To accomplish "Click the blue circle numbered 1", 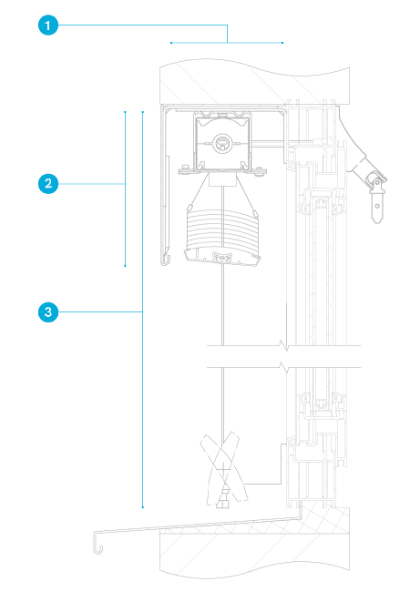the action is (48, 26).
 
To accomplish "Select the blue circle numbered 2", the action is (48, 184).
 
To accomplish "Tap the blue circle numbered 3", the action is (48, 311).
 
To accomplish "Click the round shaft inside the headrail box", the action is (222, 143).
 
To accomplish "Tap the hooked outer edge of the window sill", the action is (97, 543).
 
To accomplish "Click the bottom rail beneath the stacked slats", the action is (222, 258).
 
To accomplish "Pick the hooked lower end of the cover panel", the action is (166, 260).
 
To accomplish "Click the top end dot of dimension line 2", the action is (125, 112).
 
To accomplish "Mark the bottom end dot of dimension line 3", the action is (143, 507).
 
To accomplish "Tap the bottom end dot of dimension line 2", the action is (125, 266).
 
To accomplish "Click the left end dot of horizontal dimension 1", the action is (171, 43).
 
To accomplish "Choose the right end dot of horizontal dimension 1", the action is (282, 43).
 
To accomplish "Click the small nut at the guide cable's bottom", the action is (222, 504).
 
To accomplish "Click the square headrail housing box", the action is (222, 141).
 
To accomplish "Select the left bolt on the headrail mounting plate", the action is (185, 167).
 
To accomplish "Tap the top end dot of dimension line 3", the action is (143, 112).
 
